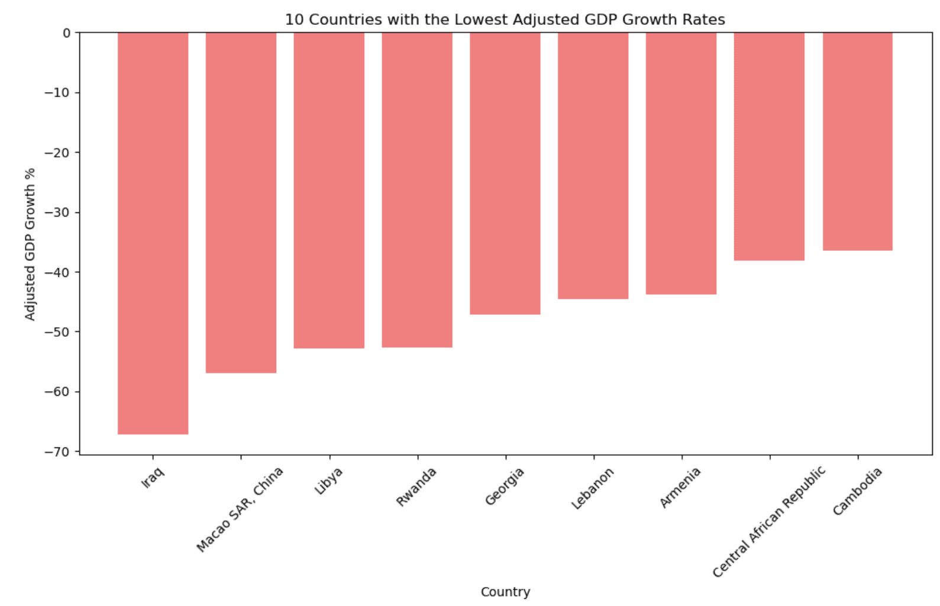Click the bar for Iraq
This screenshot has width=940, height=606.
(153, 233)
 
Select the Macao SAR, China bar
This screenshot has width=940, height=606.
(241, 202)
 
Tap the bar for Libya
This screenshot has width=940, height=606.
(329, 190)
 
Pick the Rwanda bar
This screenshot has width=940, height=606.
(417, 189)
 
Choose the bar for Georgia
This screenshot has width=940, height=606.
(505, 173)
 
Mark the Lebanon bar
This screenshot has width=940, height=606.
(593, 165)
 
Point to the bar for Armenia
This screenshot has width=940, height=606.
(681, 163)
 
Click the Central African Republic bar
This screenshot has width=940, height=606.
(769, 146)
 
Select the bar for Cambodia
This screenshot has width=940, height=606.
(857, 141)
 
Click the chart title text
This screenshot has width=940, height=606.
(505, 20)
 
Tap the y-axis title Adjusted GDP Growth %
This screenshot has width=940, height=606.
(30, 244)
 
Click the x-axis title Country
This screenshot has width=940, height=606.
(505, 592)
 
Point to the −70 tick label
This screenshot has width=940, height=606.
(57, 452)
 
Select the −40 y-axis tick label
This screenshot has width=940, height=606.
(57, 272)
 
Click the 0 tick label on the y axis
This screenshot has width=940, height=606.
(66, 33)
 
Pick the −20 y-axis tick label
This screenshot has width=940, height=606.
(57, 153)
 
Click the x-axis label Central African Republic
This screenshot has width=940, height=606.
(768, 521)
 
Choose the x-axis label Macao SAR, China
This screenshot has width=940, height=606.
(240, 509)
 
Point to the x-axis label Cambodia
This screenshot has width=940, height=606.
(857, 491)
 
